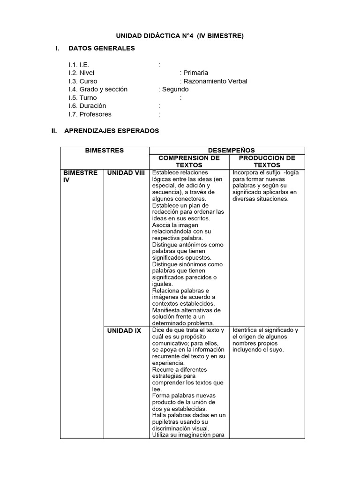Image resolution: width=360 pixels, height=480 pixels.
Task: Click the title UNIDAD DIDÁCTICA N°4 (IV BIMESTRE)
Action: coord(180,36)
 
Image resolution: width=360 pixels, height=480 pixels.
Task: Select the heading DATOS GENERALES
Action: coord(101,48)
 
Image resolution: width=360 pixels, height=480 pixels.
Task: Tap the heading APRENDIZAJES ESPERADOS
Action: coord(113,131)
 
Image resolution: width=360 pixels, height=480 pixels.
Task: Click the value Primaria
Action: coord(195,73)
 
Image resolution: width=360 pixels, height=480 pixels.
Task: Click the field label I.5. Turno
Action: coord(82,97)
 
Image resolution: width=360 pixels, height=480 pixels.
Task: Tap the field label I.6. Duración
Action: coord(87,106)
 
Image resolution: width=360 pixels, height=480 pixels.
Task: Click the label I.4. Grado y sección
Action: coord(97,89)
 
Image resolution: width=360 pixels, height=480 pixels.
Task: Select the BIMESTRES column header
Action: coord(104,150)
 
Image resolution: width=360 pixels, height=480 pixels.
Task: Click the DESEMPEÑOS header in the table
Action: coord(226,150)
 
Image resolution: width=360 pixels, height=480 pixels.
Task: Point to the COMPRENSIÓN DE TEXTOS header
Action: coord(189,161)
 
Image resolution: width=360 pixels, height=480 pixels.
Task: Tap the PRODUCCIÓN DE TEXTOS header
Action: coord(267,161)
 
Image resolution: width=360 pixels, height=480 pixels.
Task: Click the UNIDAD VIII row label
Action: coord(126,173)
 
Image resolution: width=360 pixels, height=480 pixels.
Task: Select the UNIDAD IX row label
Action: coord(124,330)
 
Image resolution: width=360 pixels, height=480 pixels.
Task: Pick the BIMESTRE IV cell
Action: coord(80,176)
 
